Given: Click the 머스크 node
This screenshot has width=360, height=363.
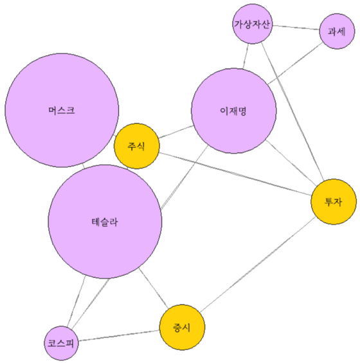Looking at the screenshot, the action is (x=62, y=110).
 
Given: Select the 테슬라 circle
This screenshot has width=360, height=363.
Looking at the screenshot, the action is (x=105, y=221).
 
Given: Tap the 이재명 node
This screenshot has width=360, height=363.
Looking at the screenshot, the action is (x=234, y=111).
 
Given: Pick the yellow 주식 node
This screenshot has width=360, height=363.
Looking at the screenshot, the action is (x=137, y=146).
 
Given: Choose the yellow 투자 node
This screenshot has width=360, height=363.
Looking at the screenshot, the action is (x=334, y=201).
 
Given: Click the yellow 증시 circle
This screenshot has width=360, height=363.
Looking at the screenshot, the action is (x=182, y=327).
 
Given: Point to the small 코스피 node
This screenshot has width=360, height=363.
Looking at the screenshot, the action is (x=61, y=343).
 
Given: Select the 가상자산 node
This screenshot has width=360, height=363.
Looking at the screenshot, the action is (x=252, y=24).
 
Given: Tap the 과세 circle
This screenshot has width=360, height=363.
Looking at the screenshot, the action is (x=337, y=32).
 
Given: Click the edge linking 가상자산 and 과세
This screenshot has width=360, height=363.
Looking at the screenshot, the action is (x=296, y=28).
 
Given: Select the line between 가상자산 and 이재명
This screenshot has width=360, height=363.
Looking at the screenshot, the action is (x=246, y=56).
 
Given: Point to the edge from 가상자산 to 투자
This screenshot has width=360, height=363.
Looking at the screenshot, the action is (x=292, y=111).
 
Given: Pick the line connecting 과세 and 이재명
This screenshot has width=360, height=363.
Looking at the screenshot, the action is (x=295, y=63).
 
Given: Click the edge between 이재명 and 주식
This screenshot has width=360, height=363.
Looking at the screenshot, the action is (x=176, y=132).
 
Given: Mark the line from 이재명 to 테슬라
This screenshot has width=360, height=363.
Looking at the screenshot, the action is (x=184, y=178).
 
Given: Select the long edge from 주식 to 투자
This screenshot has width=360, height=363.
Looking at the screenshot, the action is (x=235, y=174).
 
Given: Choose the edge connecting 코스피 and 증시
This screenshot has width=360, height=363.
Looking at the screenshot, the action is (x=119, y=335).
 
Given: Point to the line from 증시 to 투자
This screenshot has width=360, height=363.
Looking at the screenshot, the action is (x=258, y=264).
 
